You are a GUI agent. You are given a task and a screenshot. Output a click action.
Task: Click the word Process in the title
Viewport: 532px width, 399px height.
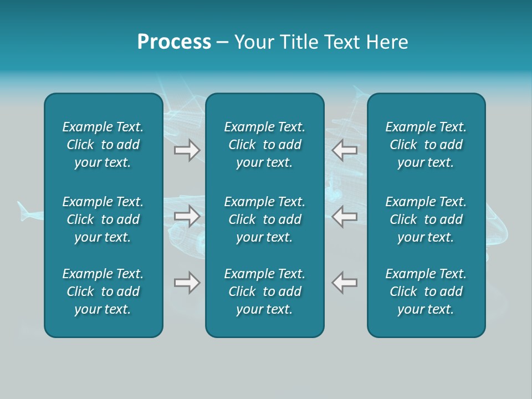174,42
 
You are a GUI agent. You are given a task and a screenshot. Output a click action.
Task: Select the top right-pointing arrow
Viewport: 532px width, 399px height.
187,150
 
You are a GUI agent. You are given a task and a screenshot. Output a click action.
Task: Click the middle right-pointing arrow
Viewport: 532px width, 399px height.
187,216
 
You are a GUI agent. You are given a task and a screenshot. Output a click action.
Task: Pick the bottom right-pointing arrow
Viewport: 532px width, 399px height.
187,283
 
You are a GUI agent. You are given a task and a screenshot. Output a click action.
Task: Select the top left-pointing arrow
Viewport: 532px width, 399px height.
345,150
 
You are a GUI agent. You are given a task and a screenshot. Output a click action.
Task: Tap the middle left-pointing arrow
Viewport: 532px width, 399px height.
345,216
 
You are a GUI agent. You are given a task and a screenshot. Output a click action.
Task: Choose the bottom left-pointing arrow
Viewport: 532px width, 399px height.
345,283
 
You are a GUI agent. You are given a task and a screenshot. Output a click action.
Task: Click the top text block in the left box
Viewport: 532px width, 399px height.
103,145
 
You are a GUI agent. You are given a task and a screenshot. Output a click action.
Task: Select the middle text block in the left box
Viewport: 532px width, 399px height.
103,219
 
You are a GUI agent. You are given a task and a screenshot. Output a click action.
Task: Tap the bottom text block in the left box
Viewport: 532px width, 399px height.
103,291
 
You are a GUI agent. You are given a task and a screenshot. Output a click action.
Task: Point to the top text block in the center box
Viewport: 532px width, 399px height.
265,145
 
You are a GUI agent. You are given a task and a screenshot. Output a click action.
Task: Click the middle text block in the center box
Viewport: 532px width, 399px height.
265,219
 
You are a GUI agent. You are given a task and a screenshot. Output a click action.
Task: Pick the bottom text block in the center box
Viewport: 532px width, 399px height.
265,291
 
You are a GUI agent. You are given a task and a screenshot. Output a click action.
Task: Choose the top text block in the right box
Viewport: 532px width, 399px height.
426,145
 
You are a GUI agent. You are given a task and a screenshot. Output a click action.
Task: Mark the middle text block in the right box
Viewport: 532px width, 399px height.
426,219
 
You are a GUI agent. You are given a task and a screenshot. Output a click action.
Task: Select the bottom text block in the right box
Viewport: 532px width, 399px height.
426,291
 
